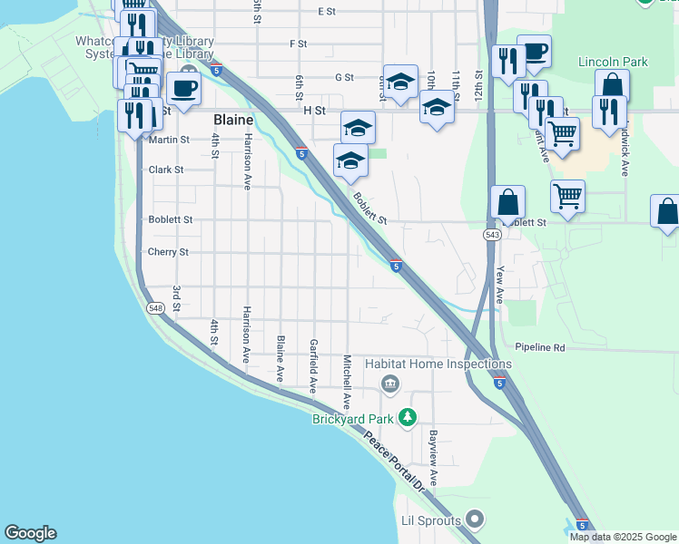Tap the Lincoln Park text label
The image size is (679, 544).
point(614,62)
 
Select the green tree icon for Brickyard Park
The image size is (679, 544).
point(408,418)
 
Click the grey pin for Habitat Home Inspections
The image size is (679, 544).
point(390,383)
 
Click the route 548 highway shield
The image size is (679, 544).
point(154,308)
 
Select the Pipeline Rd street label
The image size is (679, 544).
point(539,347)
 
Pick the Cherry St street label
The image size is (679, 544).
point(168,252)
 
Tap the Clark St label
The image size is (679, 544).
point(166,170)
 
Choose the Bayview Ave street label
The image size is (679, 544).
point(434,458)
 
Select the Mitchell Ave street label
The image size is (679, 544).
point(347,381)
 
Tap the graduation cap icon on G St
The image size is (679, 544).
point(400,82)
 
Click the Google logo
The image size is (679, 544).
point(30,533)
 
